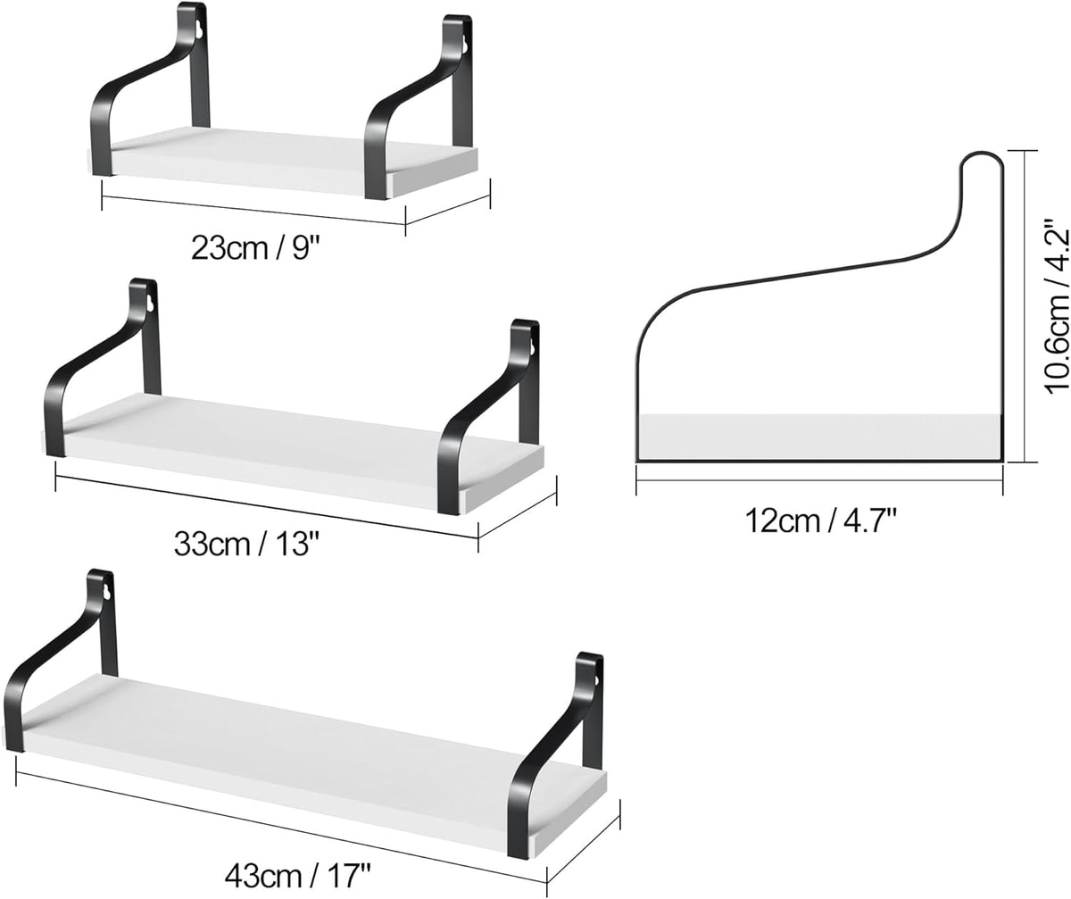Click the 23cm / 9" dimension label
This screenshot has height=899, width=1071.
click(254, 248)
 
